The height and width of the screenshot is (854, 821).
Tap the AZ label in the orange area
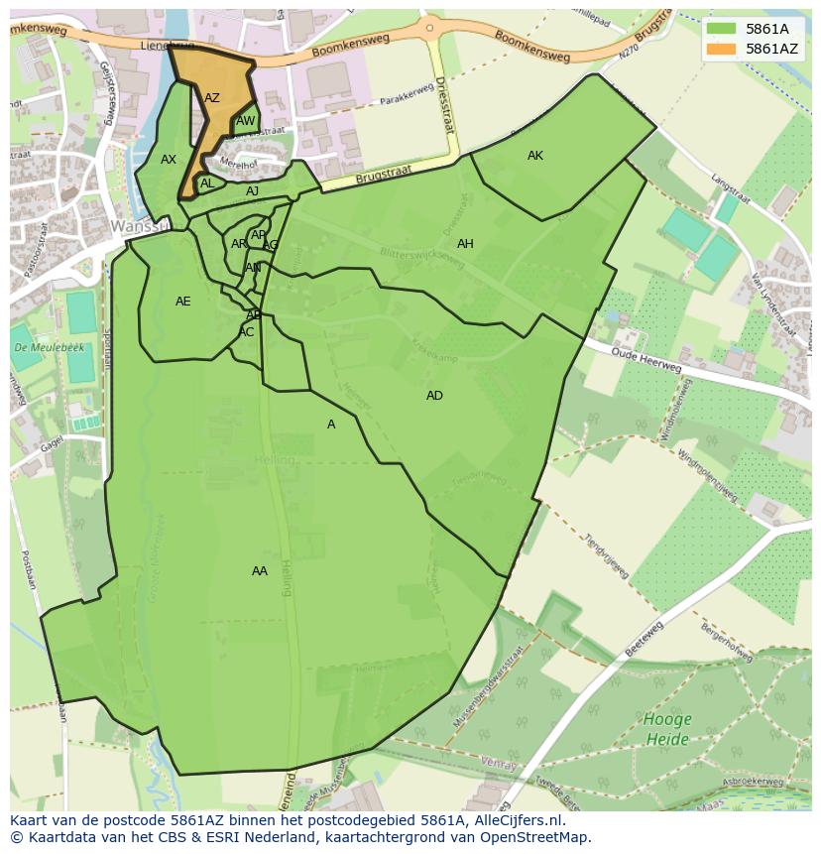[x=212, y=98]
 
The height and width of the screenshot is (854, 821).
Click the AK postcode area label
[x=535, y=156]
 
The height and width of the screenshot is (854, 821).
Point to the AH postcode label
[x=465, y=244]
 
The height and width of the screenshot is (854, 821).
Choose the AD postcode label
[x=434, y=396]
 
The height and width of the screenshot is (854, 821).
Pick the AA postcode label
[x=260, y=571]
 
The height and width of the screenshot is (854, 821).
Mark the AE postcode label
[x=183, y=302]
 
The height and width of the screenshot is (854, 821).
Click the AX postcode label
[x=169, y=160]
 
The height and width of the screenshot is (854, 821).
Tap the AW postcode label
[x=245, y=122]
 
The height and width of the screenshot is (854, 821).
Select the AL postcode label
[x=207, y=183]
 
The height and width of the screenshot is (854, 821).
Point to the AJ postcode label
[x=253, y=191]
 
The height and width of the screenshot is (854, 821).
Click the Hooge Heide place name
[x=667, y=729]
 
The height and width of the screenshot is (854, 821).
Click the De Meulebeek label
[x=35, y=348]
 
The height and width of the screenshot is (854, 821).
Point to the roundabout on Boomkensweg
[x=429, y=27]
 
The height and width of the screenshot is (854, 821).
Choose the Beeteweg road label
[x=645, y=638]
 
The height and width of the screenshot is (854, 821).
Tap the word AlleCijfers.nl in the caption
[x=517, y=821]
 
